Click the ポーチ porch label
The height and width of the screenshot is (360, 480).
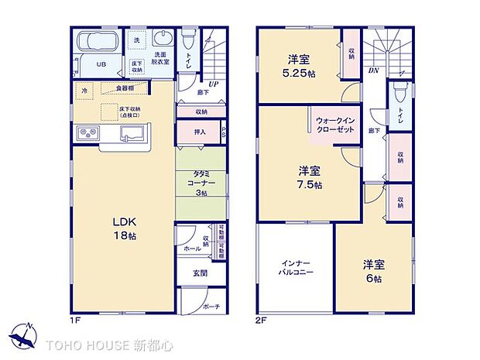coord(211,306)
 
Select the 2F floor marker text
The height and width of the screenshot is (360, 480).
coord(261,317)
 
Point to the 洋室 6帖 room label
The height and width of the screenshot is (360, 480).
coord(373,271)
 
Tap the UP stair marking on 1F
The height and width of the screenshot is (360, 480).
coord(211,84)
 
